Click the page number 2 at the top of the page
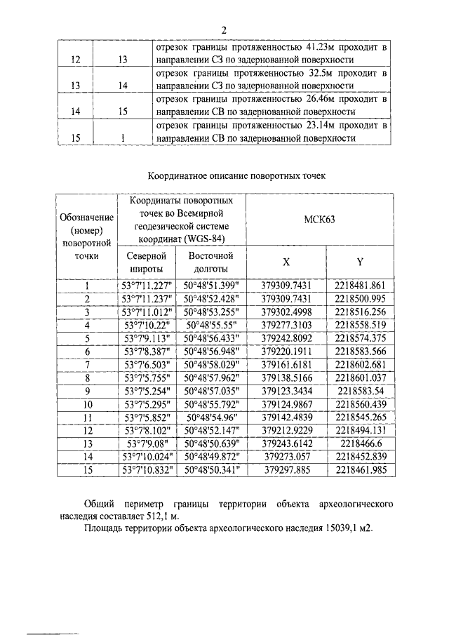coord(224,29)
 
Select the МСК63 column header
coord(320,220)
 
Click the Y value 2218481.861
coord(360,286)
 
